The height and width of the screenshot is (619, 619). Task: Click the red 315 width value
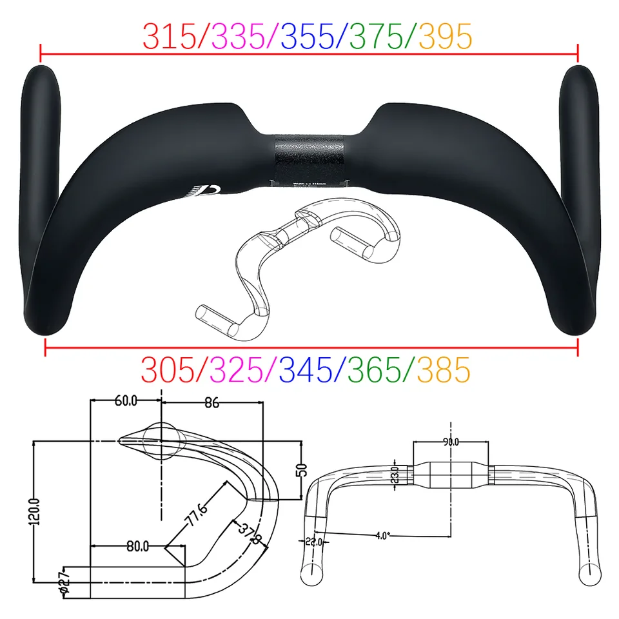pyautogui.click(x=169, y=37)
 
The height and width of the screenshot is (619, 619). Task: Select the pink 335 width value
pyautogui.click(x=239, y=37)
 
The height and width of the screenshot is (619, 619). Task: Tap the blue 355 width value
pyautogui.click(x=308, y=37)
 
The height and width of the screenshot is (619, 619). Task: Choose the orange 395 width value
pyautogui.click(x=445, y=37)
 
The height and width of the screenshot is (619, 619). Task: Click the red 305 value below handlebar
pyautogui.click(x=168, y=370)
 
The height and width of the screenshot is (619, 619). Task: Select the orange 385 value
pyautogui.click(x=444, y=370)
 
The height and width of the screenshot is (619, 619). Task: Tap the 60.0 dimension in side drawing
pyautogui.click(x=126, y=401)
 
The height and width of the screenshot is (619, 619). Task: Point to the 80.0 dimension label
pyautogui.click(x=137, y=547)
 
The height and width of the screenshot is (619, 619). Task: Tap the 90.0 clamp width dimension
pyautogui.click(x=451, y=442)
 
